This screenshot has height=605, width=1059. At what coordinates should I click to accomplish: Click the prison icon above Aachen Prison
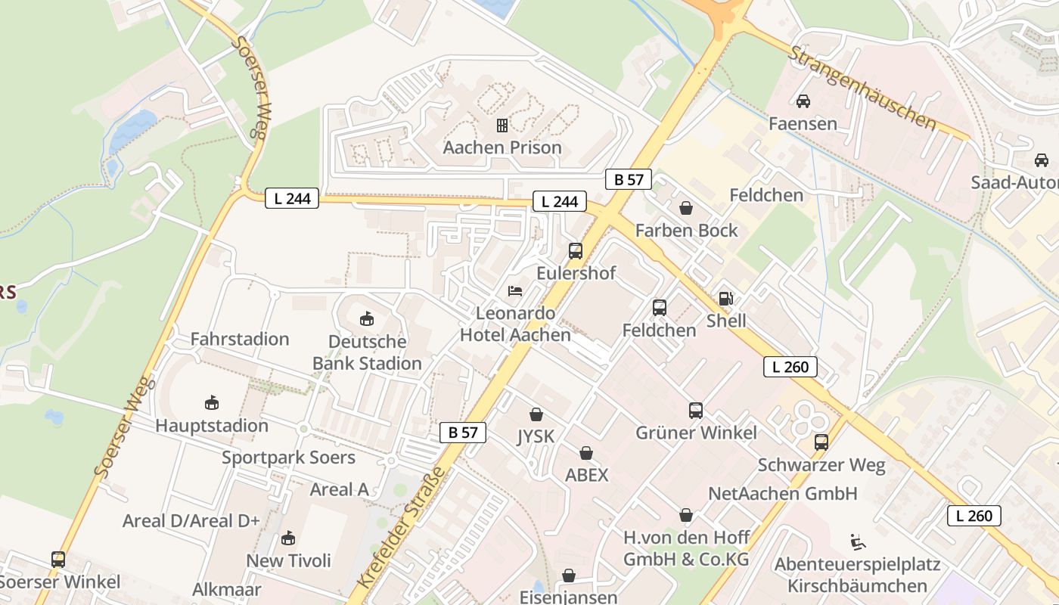[502, 125]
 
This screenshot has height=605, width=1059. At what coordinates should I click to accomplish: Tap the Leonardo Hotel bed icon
[515, 290]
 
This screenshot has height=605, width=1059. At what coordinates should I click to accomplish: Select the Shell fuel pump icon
[725, 299]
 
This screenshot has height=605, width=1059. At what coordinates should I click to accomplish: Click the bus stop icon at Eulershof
[576, 251]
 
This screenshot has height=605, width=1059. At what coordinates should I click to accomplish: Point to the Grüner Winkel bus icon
[696, 411]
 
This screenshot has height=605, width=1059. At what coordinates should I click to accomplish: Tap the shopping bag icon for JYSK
[536, 414]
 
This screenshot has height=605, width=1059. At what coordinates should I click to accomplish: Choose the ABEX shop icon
[586, 453]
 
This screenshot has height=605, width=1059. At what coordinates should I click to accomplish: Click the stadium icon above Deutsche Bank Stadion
[367, 319]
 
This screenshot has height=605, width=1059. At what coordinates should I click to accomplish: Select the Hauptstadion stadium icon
[212, 403]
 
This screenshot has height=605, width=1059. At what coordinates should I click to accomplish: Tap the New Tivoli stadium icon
[288, 538]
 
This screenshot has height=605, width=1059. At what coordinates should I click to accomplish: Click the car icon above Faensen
[803, 101]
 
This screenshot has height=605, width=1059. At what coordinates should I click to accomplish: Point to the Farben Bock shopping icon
[686, 208]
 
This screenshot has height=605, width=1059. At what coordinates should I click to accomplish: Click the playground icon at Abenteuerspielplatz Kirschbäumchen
[858, 542]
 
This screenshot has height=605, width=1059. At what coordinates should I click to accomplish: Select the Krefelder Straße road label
[401, 528]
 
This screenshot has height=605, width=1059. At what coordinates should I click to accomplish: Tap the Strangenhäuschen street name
[862, 88]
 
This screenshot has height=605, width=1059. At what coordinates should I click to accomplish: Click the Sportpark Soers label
[288, 458]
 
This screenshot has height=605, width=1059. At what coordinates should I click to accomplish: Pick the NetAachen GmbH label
[782, 494]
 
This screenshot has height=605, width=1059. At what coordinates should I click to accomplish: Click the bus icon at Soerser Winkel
[58, 560]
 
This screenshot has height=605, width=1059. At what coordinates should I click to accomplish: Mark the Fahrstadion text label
[240, 339]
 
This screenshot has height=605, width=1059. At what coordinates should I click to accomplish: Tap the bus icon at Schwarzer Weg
[821, 442]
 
